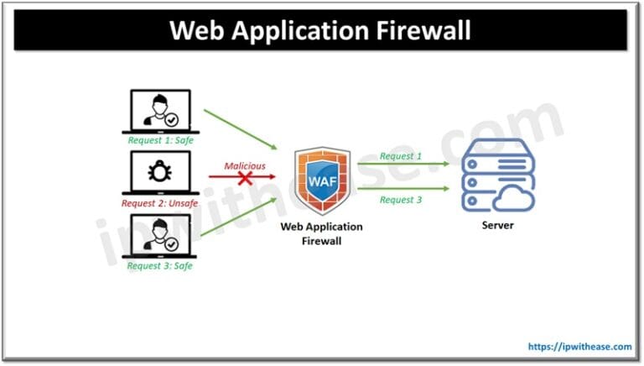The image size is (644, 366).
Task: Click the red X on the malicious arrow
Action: click(245, 179)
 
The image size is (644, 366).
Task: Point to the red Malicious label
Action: click(244, 165)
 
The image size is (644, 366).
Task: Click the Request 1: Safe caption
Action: click(160, 140)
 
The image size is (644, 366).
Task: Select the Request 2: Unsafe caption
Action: click(160, 203)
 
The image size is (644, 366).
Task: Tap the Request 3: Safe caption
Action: click(160, 266)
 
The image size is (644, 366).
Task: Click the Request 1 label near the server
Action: click(401, 155)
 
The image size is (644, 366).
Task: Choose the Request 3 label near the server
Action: click(401, 200)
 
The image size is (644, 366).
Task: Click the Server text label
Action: click(498, 227)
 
